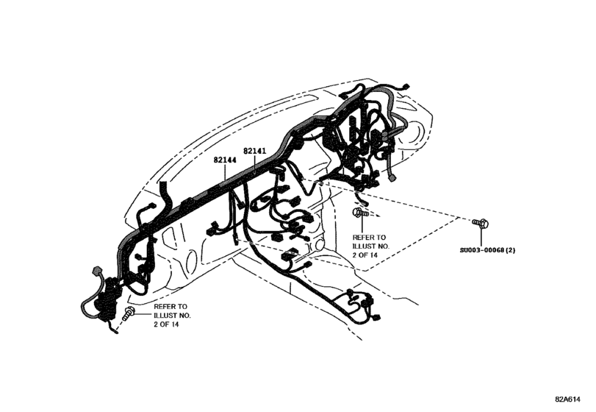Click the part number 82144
[224, 159]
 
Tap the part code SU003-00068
[481, 250]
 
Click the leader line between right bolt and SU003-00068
[481, 237]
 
